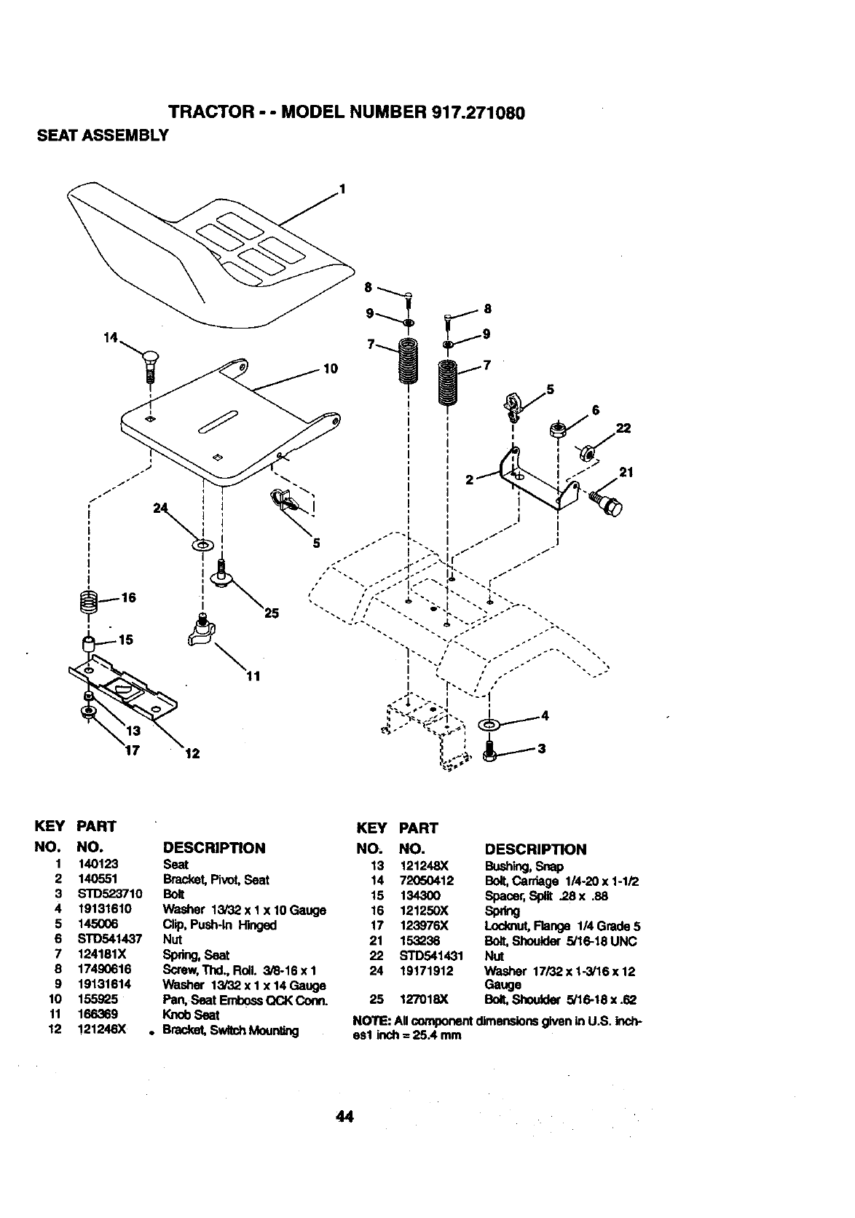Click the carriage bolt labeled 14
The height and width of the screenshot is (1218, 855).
point(151,364)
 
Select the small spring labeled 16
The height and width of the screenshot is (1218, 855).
point(88,601)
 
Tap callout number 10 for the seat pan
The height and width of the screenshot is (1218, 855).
point(330,369)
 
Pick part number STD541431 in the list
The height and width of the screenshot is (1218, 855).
point(427,956)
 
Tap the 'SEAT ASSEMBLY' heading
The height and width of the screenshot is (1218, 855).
point(103,135)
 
